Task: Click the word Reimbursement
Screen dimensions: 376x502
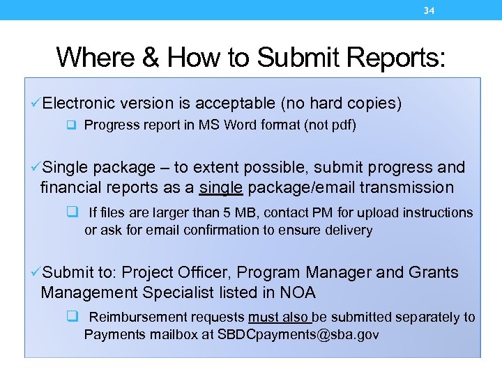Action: pos(132,318)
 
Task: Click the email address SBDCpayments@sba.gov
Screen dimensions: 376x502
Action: pos(298,335)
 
